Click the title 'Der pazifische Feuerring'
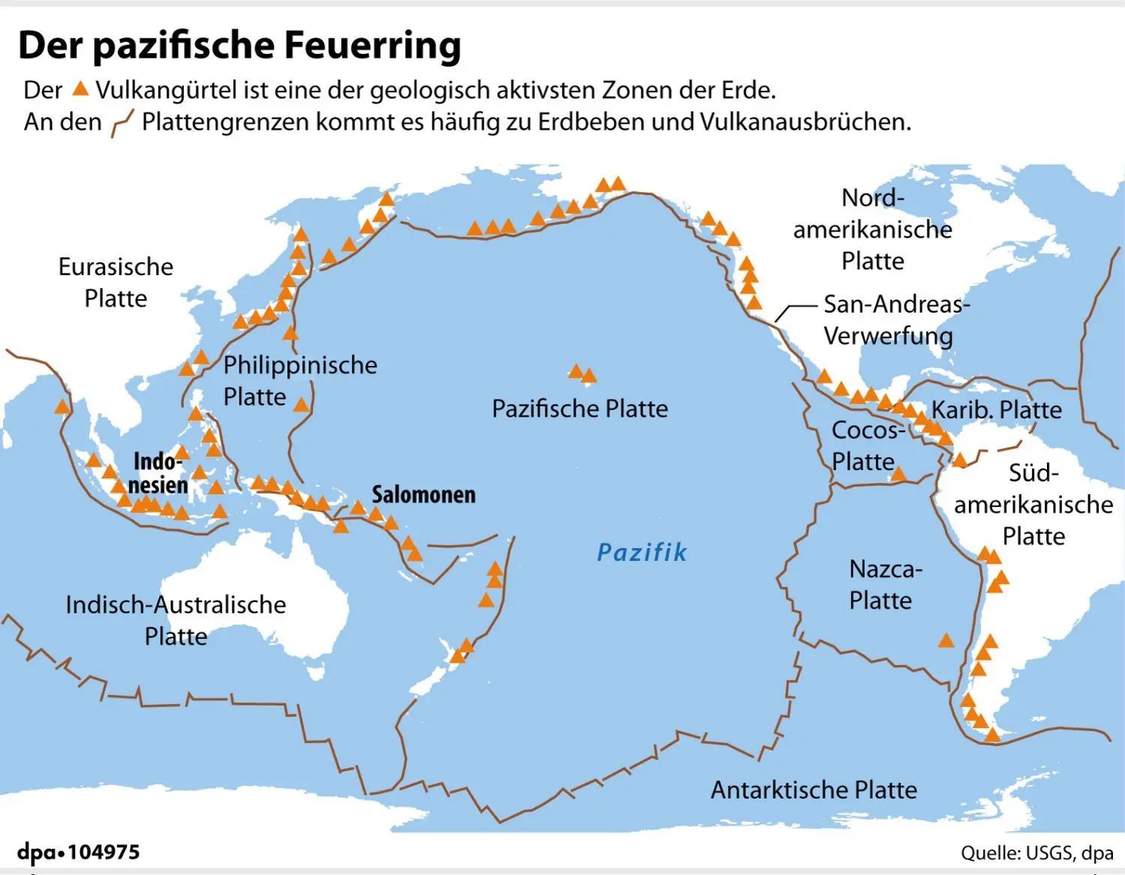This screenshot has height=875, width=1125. tap(239, 45)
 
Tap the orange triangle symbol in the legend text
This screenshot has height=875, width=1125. tap(80, 89)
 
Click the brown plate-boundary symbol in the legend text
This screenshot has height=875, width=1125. tap(121, 122)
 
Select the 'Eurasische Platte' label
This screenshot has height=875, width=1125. tap(115, 283)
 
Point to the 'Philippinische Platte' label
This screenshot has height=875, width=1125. tap(299, 380)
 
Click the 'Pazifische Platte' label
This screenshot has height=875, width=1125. tap(579, 409)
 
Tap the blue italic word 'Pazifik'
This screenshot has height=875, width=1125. tap(641, 553)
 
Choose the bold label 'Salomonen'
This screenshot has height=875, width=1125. tap(424, 495)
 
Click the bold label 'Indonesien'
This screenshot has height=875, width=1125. tap(157, 473)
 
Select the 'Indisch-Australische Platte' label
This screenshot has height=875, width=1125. tap(175, 620)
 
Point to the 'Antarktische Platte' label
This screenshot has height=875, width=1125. tap(814, 790)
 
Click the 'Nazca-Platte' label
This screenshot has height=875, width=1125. tap(883, 585)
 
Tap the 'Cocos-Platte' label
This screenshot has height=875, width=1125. tap(866, 445)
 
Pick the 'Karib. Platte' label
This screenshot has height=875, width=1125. tap(996, 410)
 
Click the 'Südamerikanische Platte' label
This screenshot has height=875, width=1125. tap(1033, 505)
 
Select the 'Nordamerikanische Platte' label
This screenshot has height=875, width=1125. tap(872, 229)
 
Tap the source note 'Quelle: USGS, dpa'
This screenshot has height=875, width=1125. tap(1036, 853)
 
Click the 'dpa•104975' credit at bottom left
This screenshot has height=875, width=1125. tap(79, 853)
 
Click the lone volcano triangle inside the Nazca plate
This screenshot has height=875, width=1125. tap(946, 640)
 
